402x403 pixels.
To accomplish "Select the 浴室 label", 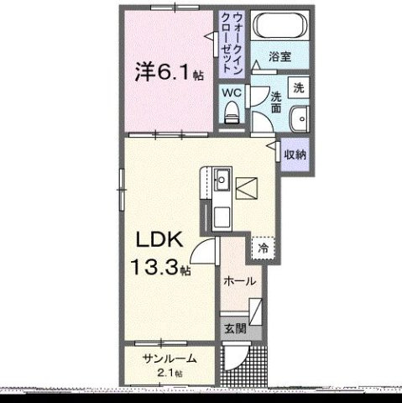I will (x=281, y=57).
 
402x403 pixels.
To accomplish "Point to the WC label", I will (x=231, y=93).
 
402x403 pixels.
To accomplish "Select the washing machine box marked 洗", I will (x=299, y=87).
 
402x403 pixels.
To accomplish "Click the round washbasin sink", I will (x=299, y=118).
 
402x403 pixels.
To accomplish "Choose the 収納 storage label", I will (x=294, y=154).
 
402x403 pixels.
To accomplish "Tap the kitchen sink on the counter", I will (x=222, y=181).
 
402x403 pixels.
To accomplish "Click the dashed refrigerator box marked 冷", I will (x=264, y=249).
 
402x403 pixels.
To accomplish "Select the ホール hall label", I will (x=240, y=282).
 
